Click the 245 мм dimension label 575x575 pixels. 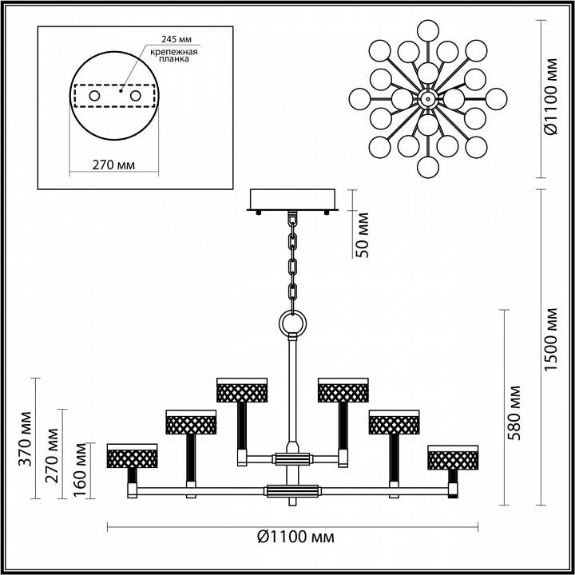pyautogui.click(x=176, y=39)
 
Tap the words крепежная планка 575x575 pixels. pyautogui.click(x=174, y=55)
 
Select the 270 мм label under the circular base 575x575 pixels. pyautogui.click(x=113, y=165)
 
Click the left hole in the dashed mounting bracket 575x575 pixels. pyautogui.click(x=94, y=96)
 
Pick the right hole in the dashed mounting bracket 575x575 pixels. pyautogui.click(x=135, y=96)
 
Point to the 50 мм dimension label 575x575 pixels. pyautogui.click(x=363, y=235)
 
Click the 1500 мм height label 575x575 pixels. pyautogui.click(x=550, y=339)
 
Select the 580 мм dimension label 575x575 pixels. pyautogui.click(x=514, y=413)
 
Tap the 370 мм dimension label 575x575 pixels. pyautogui.click(x=26, y=438)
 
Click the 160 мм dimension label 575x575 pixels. pyautogui.click(x=80, y=470)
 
